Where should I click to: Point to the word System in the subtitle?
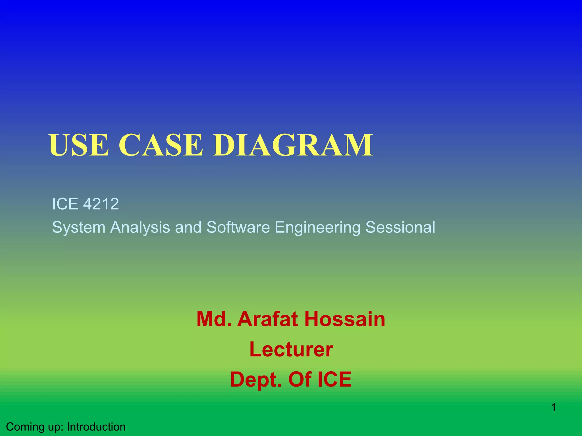79,227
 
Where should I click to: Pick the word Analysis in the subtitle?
140,227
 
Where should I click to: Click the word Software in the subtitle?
238,227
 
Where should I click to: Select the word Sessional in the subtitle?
400,227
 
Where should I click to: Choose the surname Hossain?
345,319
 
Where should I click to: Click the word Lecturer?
291,349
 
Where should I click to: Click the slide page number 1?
554,408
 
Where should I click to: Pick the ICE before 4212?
65,204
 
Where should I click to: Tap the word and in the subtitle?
188,227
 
